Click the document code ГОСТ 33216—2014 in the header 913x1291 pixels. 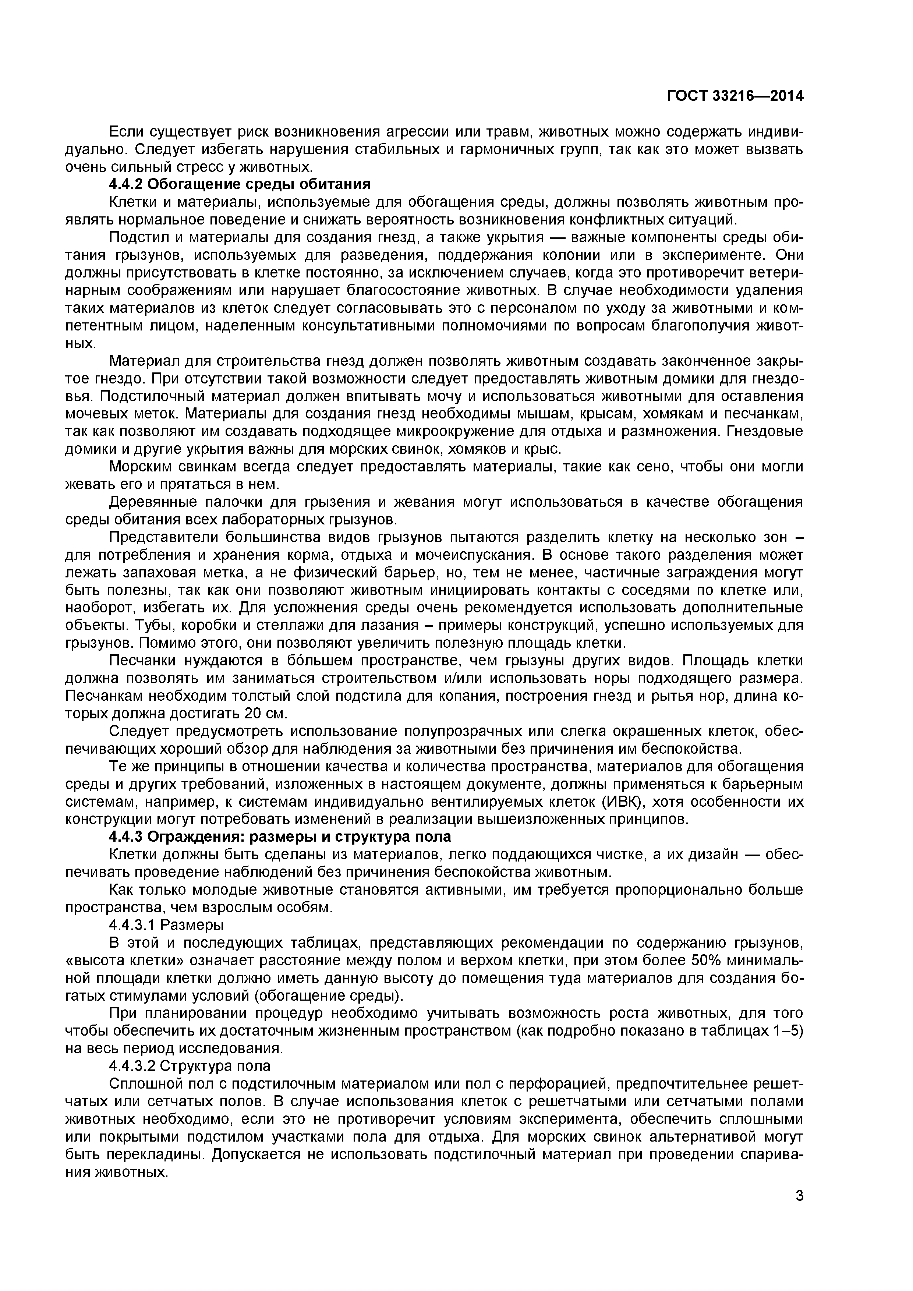[735, 96]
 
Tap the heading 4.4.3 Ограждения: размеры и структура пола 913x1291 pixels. [279, 837]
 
